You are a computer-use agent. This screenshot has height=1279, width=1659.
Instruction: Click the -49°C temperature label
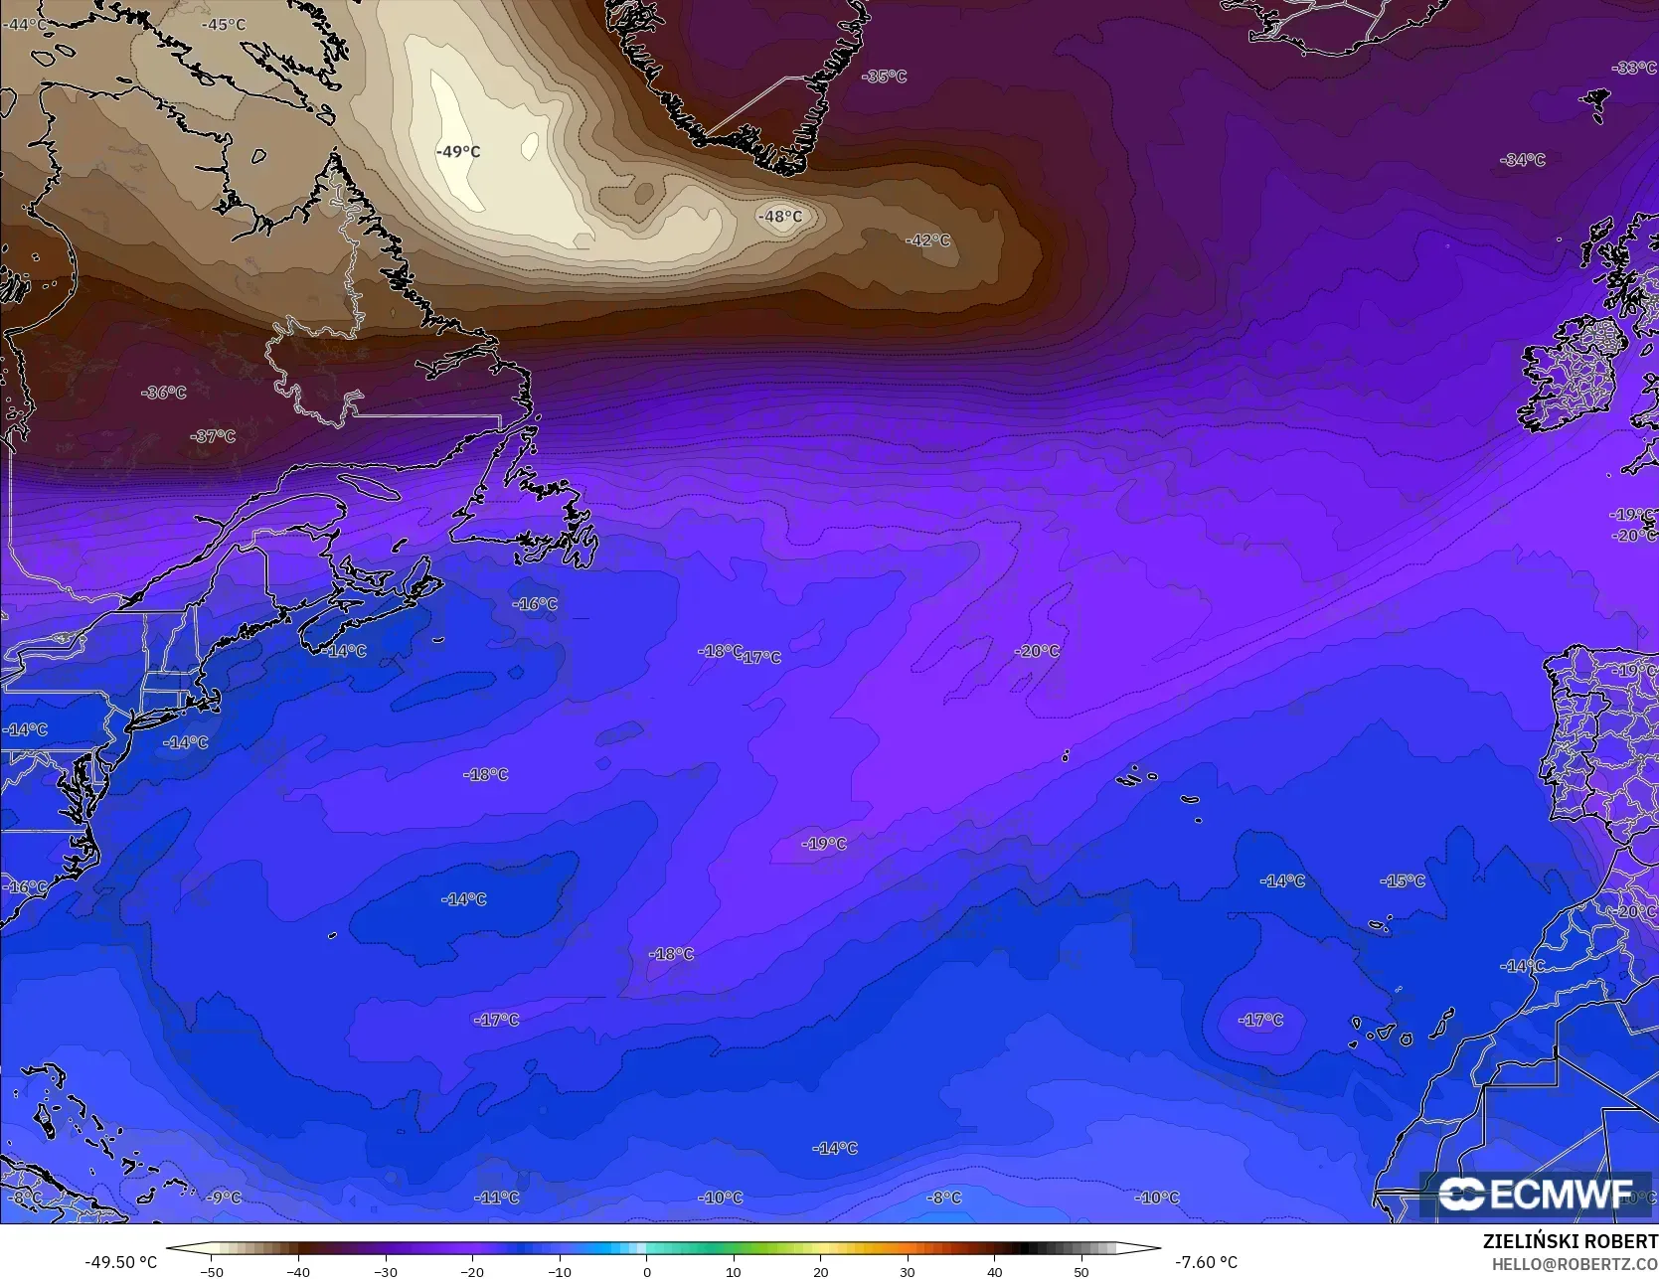click(x=458, y=152)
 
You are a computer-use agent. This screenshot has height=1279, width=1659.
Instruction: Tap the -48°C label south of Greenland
click(x=780, y=217)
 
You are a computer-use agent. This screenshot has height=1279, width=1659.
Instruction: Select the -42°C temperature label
click(x=928, y=240)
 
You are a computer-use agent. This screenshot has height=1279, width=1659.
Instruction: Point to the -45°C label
click(x=224, y=25)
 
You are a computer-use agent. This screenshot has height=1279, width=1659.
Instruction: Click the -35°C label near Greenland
click(x=885, y=77)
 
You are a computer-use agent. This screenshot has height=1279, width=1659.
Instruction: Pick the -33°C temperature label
click(x=1634, y=68)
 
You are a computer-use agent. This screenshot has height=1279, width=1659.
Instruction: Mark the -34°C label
click(x=1524, y=160)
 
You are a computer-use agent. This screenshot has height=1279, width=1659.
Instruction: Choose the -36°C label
click(x=164, y=393)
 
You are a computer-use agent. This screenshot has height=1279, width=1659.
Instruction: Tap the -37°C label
click(x=214, y=436)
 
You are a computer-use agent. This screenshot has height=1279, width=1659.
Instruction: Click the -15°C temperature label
click(x=1403, y=881)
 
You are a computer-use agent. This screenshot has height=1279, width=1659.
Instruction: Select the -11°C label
click(x=496, y=1198)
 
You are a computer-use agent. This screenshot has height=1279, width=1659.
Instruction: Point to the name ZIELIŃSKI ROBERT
click(x=1570, y=1241)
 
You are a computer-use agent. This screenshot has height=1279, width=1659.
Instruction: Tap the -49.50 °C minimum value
click(x=121, y=1262)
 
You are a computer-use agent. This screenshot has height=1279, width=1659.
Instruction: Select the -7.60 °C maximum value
click(x=1207, y=1262)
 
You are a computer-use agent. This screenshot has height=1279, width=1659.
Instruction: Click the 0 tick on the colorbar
click(x=646, y=1271)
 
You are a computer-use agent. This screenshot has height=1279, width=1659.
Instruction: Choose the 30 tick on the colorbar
click(x=908, y=1271)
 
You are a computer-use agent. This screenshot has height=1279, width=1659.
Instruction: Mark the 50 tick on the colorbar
click(x=1081, y=1271)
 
